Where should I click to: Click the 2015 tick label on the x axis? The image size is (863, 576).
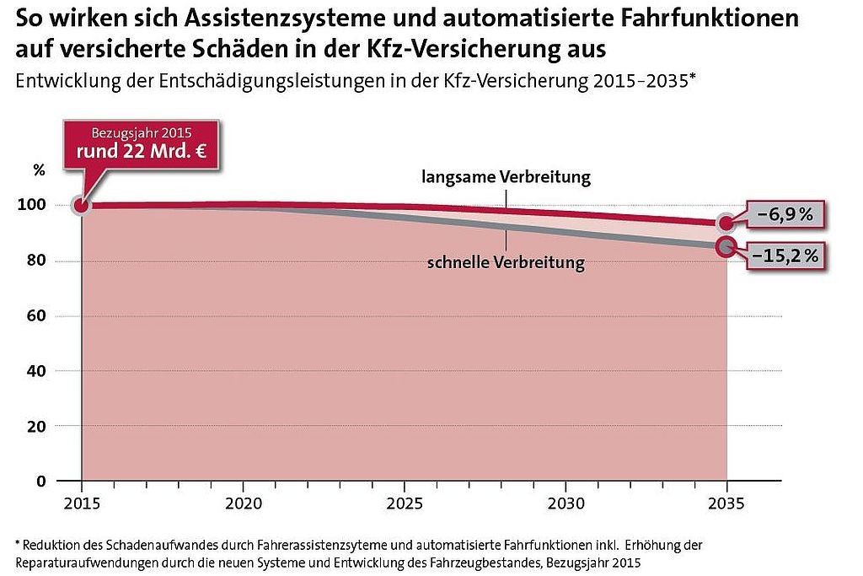(x=81, y=503)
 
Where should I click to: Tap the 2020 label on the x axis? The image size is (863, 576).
(x=243, y=503)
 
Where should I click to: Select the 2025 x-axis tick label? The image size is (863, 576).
(x=404, y=503)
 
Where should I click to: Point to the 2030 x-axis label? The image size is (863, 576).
(x=565, y=503)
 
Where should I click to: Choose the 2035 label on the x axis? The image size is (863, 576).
(x=726, y=503)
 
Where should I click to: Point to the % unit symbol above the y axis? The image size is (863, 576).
(x=39, y=169)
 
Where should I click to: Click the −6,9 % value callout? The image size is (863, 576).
(x=783, y=215)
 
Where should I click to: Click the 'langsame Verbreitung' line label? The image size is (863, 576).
(x=507, y=178)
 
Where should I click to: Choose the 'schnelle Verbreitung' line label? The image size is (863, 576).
(x=506, y=262)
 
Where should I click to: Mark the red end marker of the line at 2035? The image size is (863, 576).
(x=726, y=223)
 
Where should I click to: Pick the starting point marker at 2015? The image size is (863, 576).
(x=81, y=206)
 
